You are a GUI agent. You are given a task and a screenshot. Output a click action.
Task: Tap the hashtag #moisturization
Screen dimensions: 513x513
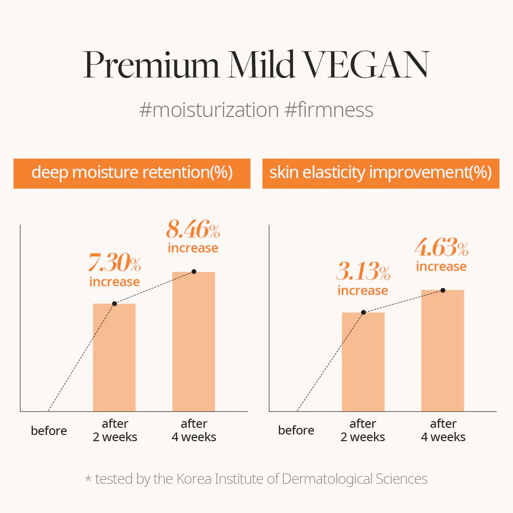[209, 110]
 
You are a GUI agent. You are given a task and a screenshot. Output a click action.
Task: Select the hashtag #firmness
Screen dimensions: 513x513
[328, 110]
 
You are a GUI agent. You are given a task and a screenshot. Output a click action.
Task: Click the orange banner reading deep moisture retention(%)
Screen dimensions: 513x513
[132, 173]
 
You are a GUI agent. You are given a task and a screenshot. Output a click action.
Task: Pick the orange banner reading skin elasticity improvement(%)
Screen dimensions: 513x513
[381, 173]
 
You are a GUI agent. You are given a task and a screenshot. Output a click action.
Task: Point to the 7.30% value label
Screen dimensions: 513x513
[114, 264]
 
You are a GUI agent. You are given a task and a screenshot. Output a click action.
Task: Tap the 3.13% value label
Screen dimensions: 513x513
[363, 272]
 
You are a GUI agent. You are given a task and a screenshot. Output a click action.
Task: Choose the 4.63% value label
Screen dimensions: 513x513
[442, 249]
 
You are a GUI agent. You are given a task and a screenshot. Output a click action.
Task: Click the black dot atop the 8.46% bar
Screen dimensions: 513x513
[193, 271]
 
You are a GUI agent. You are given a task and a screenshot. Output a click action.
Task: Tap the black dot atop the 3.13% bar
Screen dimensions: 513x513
[363, 312]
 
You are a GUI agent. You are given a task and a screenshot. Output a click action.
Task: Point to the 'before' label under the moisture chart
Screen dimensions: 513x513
[49, 430]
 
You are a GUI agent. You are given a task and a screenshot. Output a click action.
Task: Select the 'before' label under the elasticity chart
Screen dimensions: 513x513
[296, 430]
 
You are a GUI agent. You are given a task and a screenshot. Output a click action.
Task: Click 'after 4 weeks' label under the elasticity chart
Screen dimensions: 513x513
[443, 430]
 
